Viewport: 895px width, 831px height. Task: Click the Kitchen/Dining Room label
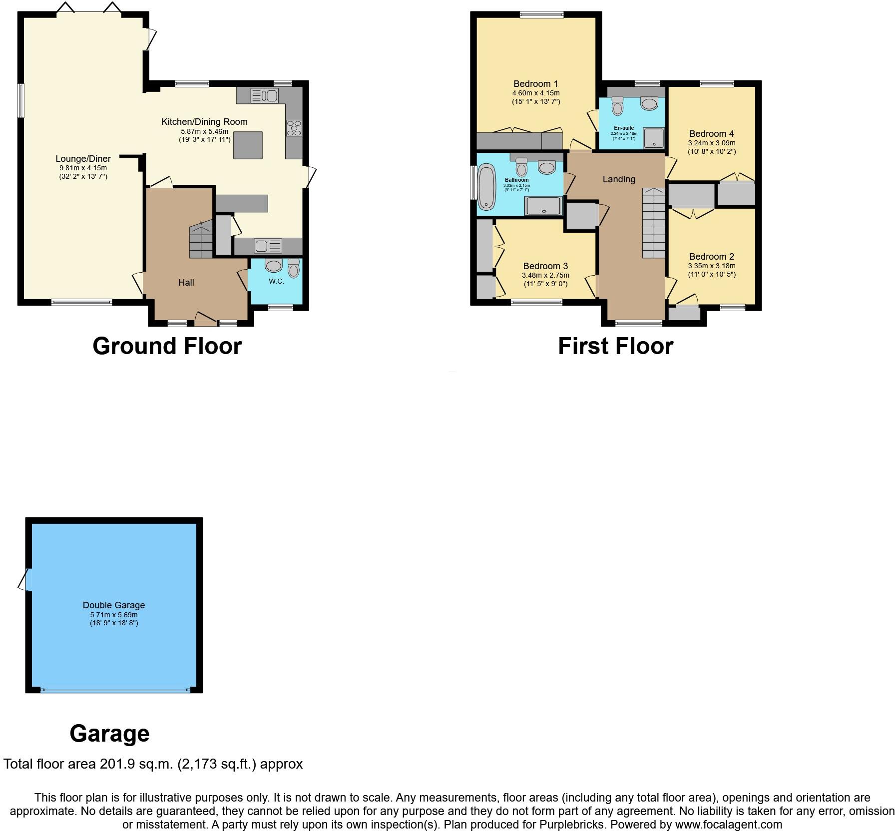click(x=204, y=121)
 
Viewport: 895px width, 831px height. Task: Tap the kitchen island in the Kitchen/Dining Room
click(x=248, y=145)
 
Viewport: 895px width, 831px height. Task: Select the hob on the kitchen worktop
click(x=294, y=128)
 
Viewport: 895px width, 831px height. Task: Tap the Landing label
click(x=619, y=179)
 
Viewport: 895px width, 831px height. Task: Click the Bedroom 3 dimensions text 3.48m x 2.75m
click(x=545, y=275)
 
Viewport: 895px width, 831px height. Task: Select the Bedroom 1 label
click(x=535, y=84)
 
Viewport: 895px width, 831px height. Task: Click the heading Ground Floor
click(x=167, y=346)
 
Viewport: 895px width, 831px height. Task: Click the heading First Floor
click(x=615, y=346)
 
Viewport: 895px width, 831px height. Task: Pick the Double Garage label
click(x=114, y=605)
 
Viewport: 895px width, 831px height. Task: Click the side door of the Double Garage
click(x=25, y=580)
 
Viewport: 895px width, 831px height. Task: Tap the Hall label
click(x=186, y=283)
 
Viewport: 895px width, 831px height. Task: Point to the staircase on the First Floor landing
click(x=654, y=223)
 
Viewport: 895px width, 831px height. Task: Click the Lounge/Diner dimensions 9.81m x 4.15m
click(x=83, y=168)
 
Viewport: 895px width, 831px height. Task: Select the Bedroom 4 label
click(x=711, y=134)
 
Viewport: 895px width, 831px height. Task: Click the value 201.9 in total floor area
click(x=118, y=764)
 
